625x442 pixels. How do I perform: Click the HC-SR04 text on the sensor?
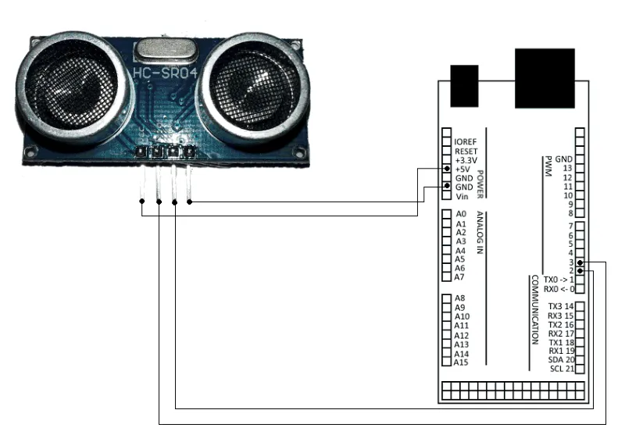(165, 73)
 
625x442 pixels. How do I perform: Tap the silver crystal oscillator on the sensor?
(166, 51)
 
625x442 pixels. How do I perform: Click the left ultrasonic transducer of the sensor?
(73, 87)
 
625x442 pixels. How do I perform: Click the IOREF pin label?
(465, 142)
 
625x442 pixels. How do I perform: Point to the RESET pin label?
(466, 151)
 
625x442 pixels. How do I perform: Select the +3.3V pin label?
(466, 161)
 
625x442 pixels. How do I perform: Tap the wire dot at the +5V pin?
(447, 169)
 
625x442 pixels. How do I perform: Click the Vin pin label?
(462, 197)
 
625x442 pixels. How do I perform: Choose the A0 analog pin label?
(461, 214)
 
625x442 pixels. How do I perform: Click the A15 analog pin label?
(461, 362)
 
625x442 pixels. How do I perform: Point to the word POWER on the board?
(480, 184)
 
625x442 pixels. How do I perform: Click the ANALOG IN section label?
(480, 233)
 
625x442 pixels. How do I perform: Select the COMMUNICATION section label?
(535, 310)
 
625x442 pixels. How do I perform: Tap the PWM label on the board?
(548, 166)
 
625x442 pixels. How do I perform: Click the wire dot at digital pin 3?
(580, 262)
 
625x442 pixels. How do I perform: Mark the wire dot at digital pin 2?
(580, 271)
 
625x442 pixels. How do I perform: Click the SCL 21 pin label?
(562, 369)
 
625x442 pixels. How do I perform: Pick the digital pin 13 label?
(568, 168)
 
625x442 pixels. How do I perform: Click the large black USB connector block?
(545, 78)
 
